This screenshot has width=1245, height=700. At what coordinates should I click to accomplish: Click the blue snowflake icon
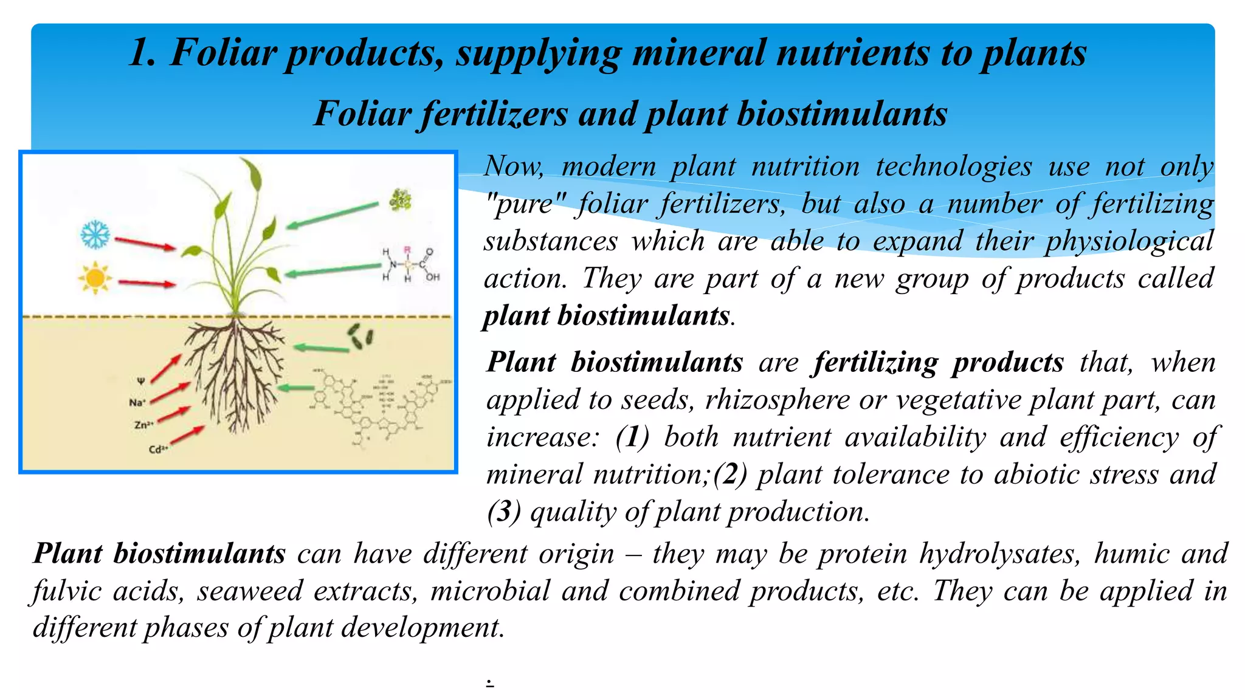(95, 235)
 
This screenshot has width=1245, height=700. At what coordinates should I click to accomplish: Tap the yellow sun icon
(95, 278)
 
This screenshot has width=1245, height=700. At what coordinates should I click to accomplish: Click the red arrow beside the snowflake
(145, 244)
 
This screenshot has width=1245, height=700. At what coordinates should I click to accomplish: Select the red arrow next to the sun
(147, 283)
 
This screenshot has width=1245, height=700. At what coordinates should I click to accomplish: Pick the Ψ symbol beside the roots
(140, 381)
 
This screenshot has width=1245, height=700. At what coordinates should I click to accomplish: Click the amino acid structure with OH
(409, 264)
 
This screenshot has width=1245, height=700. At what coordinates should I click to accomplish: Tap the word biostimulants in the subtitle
(841, 114)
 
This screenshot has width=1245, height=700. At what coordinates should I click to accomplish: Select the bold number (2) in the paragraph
(730, 475)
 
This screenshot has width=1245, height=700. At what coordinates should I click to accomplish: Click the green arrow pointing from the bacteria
(321, 348)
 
